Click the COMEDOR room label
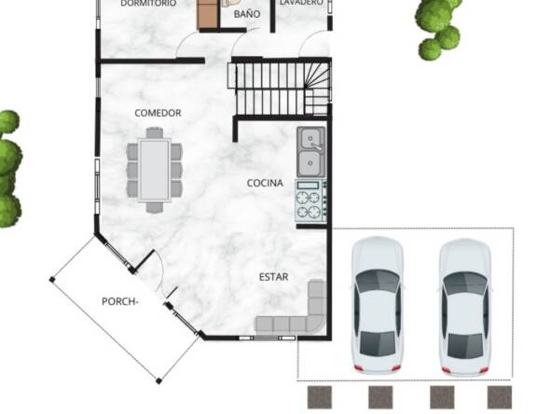coord(158,113)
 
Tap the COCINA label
coord(265,183)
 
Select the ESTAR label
coord(273,277)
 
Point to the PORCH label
coord(119,302)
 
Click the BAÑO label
coord(247,14)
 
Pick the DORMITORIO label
coord(148,4)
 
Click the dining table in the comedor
coord(154,171)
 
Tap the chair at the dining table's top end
coord(155,132)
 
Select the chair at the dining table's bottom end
coord(155,207)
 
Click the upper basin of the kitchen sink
coord(310,139)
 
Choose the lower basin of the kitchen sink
coord(310,163)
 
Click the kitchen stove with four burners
coord(310,200)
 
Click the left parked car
coord(378,306)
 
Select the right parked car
coord(465,308)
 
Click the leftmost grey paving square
coord(320,397)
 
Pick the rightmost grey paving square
coord(500,397)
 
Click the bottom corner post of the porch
coord(159,380)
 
